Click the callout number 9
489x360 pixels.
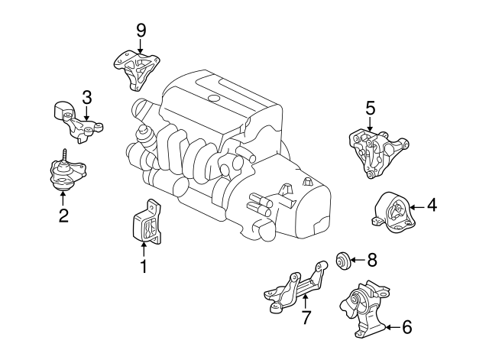point(141,30)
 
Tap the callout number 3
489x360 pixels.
point(86,97)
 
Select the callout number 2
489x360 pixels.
point(63,216)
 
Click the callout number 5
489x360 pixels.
point(370,109)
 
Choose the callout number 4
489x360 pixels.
point(432,205)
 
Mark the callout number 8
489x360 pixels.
point(372,260)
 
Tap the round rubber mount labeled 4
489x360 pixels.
point(393,212)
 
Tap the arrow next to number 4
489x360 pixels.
point(416,206)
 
